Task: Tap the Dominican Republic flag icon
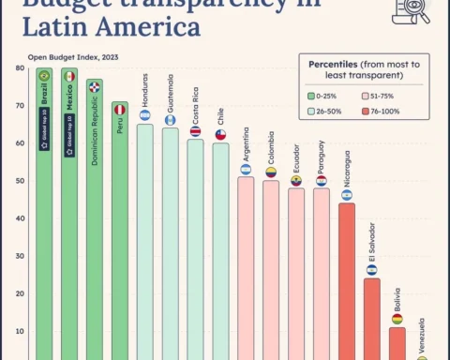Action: tap(95, 86)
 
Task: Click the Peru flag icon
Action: tap(120, 110)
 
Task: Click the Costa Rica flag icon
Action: tap(195, 131)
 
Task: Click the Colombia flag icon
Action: tap(271, 172)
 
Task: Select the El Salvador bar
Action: tap(372, 319)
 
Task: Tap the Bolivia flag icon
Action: tap(397, 319)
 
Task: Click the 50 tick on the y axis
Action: tap(20, 181)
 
